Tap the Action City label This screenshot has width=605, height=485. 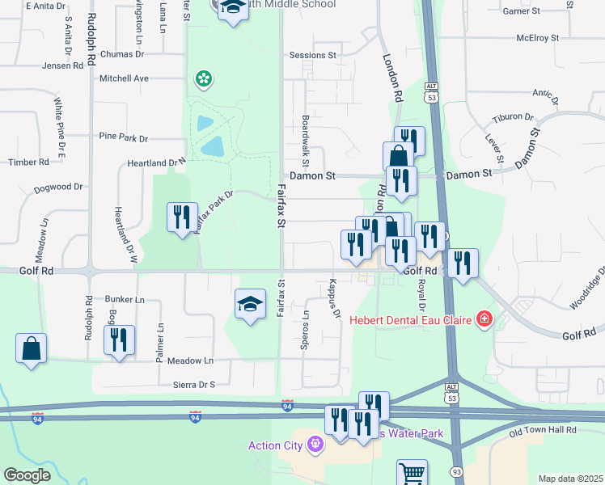275,445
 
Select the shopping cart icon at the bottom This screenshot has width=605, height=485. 412,473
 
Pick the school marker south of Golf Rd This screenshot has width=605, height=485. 250,305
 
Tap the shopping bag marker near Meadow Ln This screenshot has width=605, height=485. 31,349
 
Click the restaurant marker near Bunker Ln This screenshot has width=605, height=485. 119,341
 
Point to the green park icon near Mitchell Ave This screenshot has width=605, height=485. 203,78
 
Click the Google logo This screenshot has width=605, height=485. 27,474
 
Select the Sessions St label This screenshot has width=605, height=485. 313,56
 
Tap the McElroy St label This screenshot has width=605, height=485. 538,38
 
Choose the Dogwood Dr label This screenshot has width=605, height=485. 58,187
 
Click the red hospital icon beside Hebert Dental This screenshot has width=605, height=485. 484,319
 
